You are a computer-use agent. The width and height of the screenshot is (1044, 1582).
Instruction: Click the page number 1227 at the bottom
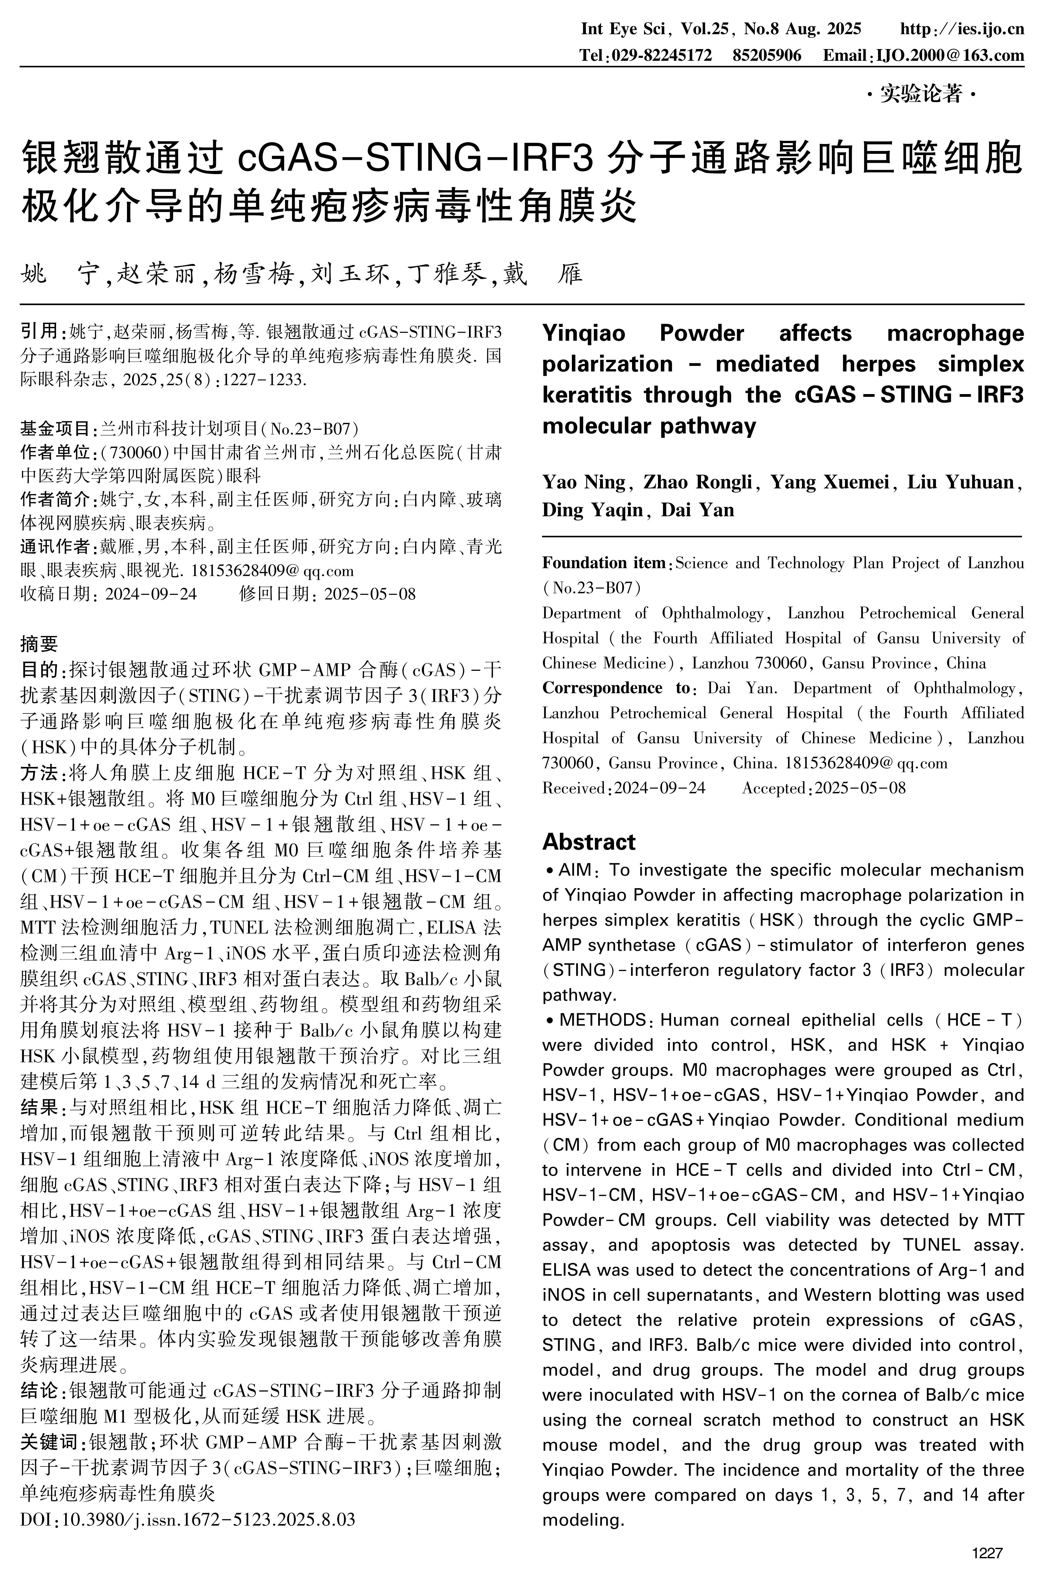[x=987, y=1554]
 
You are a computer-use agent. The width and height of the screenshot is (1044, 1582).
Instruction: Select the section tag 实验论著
[x=921, y=95]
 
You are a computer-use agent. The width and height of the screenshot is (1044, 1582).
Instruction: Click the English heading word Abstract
[x=589, y=842]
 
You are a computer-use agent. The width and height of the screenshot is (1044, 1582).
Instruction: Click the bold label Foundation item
[x=603, y=563]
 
